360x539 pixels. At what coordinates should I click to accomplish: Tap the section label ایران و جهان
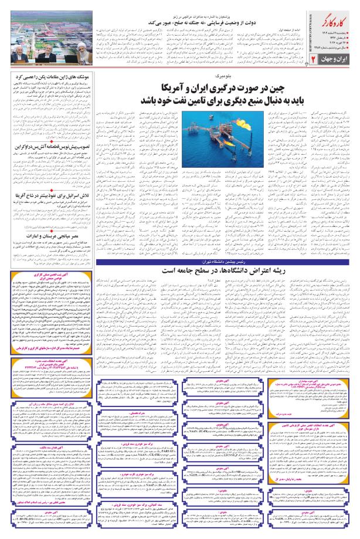pyautogui.click(x=327, y=60)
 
